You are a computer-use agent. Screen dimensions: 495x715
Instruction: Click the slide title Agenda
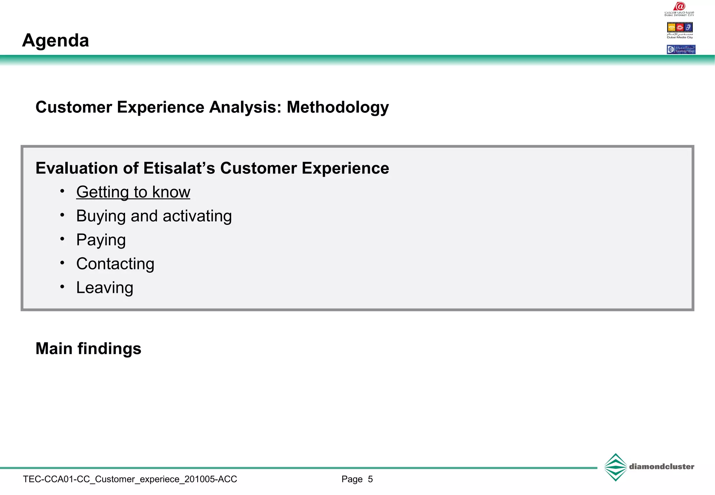(56, 40)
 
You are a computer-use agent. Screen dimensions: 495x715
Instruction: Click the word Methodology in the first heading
(338, 107)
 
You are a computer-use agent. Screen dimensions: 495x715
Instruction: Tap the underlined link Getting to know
(133, 192)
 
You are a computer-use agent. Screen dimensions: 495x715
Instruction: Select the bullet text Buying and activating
(154, 216)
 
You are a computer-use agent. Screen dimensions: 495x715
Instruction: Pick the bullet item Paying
(101, 240)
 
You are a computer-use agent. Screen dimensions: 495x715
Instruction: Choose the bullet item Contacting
(115, 264)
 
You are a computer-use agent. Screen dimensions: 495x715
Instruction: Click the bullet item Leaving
(105, 288)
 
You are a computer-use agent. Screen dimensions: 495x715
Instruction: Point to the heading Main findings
(88, 348)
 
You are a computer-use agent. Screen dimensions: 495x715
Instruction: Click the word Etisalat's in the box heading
(179, 168)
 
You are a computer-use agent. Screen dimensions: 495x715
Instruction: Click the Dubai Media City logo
(679, 30)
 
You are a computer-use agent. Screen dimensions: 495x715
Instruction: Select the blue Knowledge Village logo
(681, 50)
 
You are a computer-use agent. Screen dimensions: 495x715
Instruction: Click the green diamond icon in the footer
(616, 467)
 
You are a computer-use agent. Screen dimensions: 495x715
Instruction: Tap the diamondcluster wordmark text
(661, 467)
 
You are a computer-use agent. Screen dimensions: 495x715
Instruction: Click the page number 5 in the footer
(370, 479)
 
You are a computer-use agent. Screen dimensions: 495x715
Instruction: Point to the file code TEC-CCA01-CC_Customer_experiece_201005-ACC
(130, 479)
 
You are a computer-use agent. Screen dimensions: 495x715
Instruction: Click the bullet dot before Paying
(62, 239)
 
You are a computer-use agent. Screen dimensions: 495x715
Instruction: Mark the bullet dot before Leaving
(62, 287)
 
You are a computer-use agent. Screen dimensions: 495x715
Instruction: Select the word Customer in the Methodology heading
(73, 107)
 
